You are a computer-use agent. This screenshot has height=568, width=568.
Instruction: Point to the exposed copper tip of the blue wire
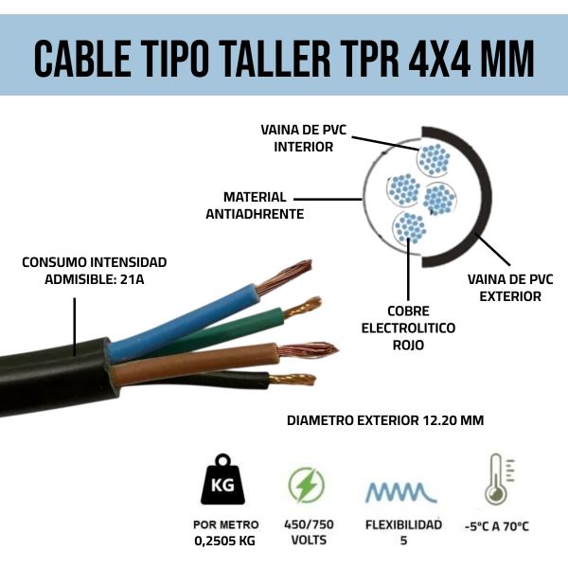[283, 278]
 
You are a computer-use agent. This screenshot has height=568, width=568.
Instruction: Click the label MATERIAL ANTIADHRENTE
[254, 205]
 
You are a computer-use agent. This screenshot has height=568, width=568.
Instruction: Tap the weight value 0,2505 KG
[223, 541]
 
